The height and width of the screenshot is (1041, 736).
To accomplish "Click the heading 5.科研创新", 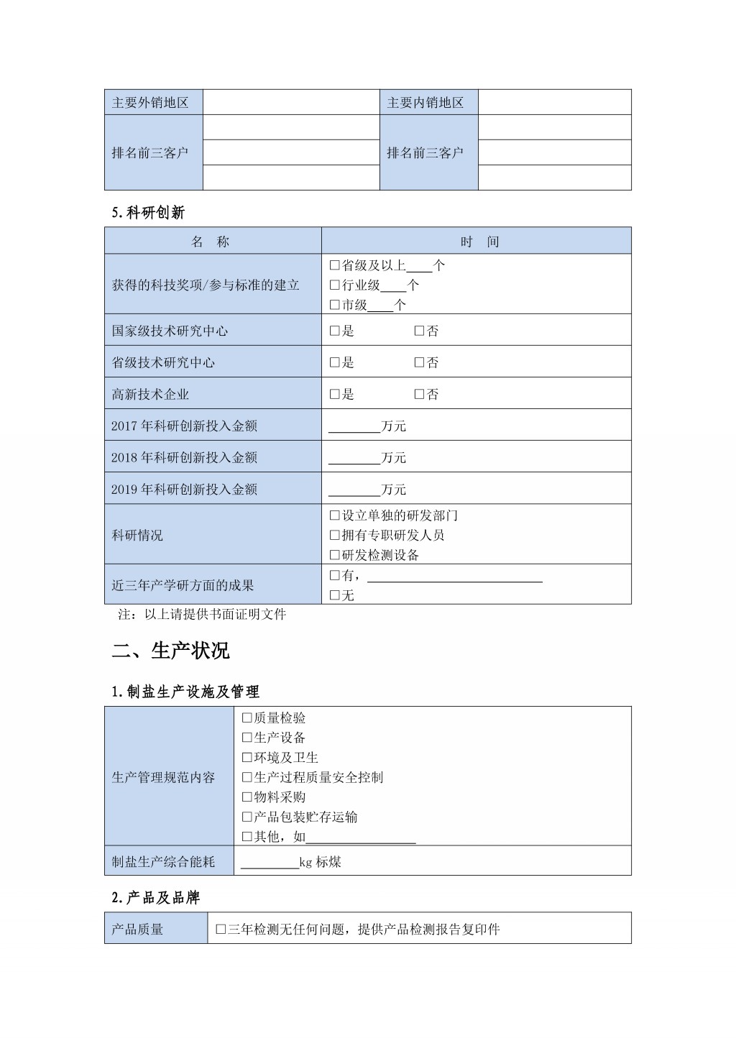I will click(148, 212).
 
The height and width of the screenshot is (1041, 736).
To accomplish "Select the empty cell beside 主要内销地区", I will click(554, 102).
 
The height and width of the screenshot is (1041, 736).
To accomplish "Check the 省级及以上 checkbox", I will click(334, 265).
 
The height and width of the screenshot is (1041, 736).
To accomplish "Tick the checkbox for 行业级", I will click(334, 285).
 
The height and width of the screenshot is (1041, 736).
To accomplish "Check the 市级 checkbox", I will click(334, 305).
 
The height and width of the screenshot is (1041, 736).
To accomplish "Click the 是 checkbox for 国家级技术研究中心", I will click(334, 331).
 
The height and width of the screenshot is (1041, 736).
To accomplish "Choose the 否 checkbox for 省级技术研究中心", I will click(419, 362).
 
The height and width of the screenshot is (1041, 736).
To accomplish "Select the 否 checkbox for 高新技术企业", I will click(419, 394).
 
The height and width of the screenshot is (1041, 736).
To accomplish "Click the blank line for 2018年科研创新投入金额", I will click(354, 458).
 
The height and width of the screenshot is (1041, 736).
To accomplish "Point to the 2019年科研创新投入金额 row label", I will click(184, 489).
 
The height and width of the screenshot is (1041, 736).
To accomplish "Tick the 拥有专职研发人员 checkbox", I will click(334, 535).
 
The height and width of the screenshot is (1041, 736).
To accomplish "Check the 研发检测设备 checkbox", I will click(334, 555).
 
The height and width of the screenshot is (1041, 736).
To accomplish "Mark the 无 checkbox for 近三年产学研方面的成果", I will click(334, 595).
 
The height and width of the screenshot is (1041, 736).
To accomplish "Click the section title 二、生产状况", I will click(170, 651).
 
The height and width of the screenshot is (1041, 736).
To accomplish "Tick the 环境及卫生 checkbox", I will click(247, 758).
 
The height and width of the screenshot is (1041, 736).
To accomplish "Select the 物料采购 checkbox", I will click(247, 797).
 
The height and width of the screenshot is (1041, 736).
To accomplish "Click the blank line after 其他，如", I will click(361, 837).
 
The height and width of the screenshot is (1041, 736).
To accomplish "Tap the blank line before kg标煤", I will click(270, 862).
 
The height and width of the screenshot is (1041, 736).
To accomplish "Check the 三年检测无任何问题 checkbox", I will click(221, 930).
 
